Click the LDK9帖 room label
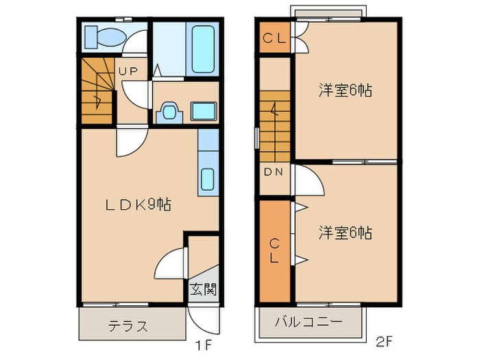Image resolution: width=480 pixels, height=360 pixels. coord(138,204)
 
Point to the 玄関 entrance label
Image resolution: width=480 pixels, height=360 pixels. coord(203,289)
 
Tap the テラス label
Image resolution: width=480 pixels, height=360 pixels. coord(128,326)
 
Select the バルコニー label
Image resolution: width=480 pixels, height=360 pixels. coord(309,322)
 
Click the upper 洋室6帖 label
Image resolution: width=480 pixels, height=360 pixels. coord(345,91)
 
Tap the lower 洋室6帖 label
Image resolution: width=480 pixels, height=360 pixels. coord(345,233)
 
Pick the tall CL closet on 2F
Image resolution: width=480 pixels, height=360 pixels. coord(275,250)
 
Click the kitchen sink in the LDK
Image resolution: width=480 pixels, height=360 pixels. coord(207,180)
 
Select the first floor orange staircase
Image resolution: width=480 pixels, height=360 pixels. coord(97,91)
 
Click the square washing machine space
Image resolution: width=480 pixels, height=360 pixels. coord(204,111)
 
